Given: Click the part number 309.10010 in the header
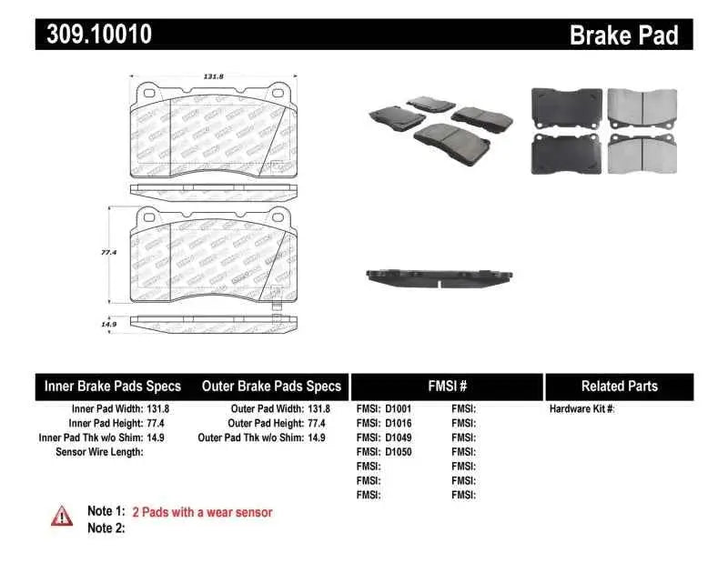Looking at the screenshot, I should point(94,35).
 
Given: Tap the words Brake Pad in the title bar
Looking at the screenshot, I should point(623,35).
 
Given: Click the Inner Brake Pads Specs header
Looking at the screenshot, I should point(113,387).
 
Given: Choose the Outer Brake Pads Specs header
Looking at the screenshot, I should point(271,387).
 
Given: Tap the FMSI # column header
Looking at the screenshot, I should point(447,387).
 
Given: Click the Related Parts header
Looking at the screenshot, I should point(619,387).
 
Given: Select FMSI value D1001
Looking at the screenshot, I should point(399,409).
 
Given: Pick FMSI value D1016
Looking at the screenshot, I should point(399,423).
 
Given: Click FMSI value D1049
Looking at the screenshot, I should point(399,437).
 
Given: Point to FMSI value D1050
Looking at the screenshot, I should point(399,452).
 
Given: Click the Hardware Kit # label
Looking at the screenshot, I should point(582,409).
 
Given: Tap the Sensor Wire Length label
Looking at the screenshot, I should point(99,452).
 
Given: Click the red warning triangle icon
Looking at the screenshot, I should point(62,516).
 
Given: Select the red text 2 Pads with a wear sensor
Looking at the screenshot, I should point(202,512).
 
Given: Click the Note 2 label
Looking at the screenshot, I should point(106,528).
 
